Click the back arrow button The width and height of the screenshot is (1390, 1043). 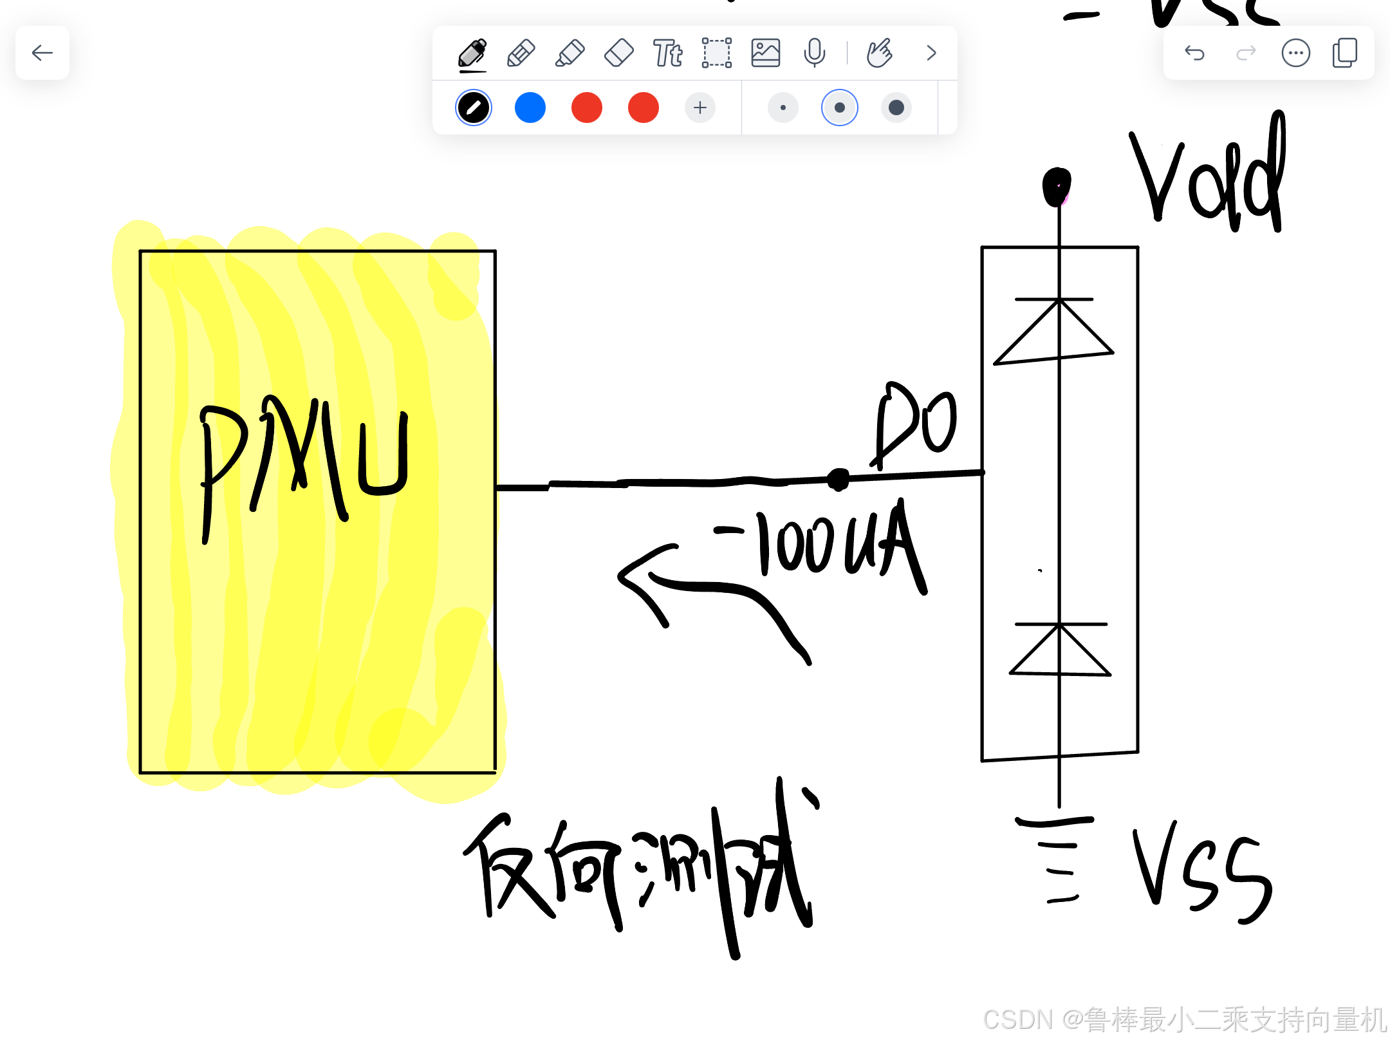click(42, 53)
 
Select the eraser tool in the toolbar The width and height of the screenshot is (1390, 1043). click(619, 53)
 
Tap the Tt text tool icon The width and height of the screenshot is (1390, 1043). click(667, 53)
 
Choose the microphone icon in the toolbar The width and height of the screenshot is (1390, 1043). click(814, 53)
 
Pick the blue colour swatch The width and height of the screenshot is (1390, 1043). click(530, 108)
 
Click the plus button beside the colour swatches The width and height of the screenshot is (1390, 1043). click(700, 108)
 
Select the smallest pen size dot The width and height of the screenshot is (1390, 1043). click(783, 108)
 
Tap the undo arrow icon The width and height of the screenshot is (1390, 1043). click(1194, 53)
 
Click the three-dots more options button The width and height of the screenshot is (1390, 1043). click(1295, 53)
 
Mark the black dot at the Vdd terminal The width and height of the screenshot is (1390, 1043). click(1057, 187)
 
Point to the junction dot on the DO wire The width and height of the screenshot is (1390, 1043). click(838, 479)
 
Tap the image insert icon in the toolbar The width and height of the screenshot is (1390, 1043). click(765, 53)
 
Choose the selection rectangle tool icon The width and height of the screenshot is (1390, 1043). click(716, 53)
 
